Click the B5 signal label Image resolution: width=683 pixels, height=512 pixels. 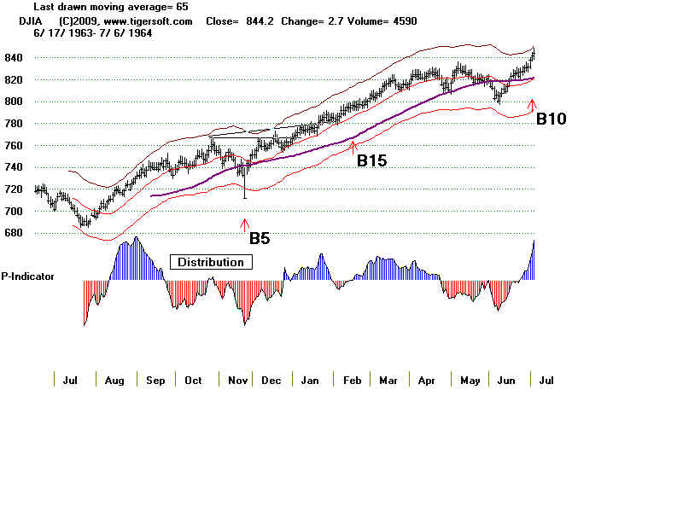pyautogui.click(x=260, y=239)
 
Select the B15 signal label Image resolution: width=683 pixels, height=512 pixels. pyautogui.click(x=371, y=160)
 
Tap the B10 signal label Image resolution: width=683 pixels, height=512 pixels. pyautogui.click(x=551, y=119)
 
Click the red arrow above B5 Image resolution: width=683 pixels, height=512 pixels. pyautogui.click(x=246, y=225)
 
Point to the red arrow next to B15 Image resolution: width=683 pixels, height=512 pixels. pyautogui.click(x=353, y=148)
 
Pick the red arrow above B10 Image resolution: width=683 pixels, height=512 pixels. pyautogui.click(x=533, y=106)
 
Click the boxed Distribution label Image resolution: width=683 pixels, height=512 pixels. pyautogui.click(x=211, y=262)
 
